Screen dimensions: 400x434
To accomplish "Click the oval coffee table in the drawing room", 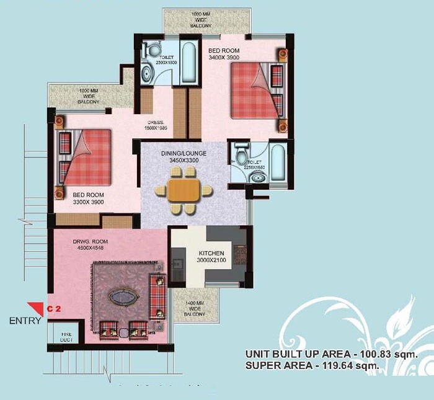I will click(x=124, y=297).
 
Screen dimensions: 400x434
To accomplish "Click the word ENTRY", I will click(x=25, y=321).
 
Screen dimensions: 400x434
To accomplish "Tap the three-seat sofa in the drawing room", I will click(x=157, y=296).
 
